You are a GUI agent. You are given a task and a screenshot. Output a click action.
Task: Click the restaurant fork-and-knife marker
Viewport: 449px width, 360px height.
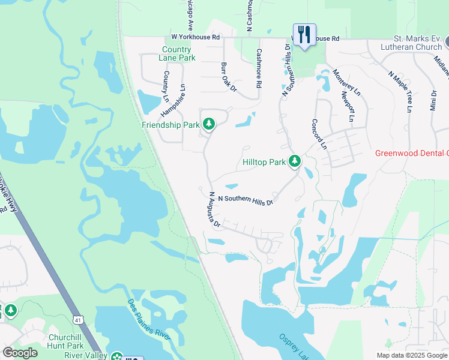pyautogui.click(x=304, y=34)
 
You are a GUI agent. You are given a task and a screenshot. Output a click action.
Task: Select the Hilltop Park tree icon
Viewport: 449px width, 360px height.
pyautogui.click(x=294, y=161)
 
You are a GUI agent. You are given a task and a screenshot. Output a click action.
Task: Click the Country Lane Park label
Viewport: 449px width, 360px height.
pyautogui.click(x=178, y=54)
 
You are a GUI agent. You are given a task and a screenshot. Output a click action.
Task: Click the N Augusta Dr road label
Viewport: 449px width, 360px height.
pyautogui.click(x=215, y=209)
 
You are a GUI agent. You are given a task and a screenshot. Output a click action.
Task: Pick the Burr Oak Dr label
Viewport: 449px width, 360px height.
pyautogui.click(x=229, y=76)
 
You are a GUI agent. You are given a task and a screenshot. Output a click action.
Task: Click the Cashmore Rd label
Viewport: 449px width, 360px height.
pyautogui.click(x=259, y=68)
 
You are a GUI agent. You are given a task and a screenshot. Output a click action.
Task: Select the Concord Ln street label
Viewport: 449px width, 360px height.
pyautogui.click(x=319, y=134)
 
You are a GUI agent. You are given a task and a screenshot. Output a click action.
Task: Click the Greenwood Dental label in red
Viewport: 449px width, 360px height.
pyautogui.click(x=411, y=153)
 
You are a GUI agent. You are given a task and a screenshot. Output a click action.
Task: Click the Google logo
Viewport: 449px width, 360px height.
pyautogui.click(x=20, y=352)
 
